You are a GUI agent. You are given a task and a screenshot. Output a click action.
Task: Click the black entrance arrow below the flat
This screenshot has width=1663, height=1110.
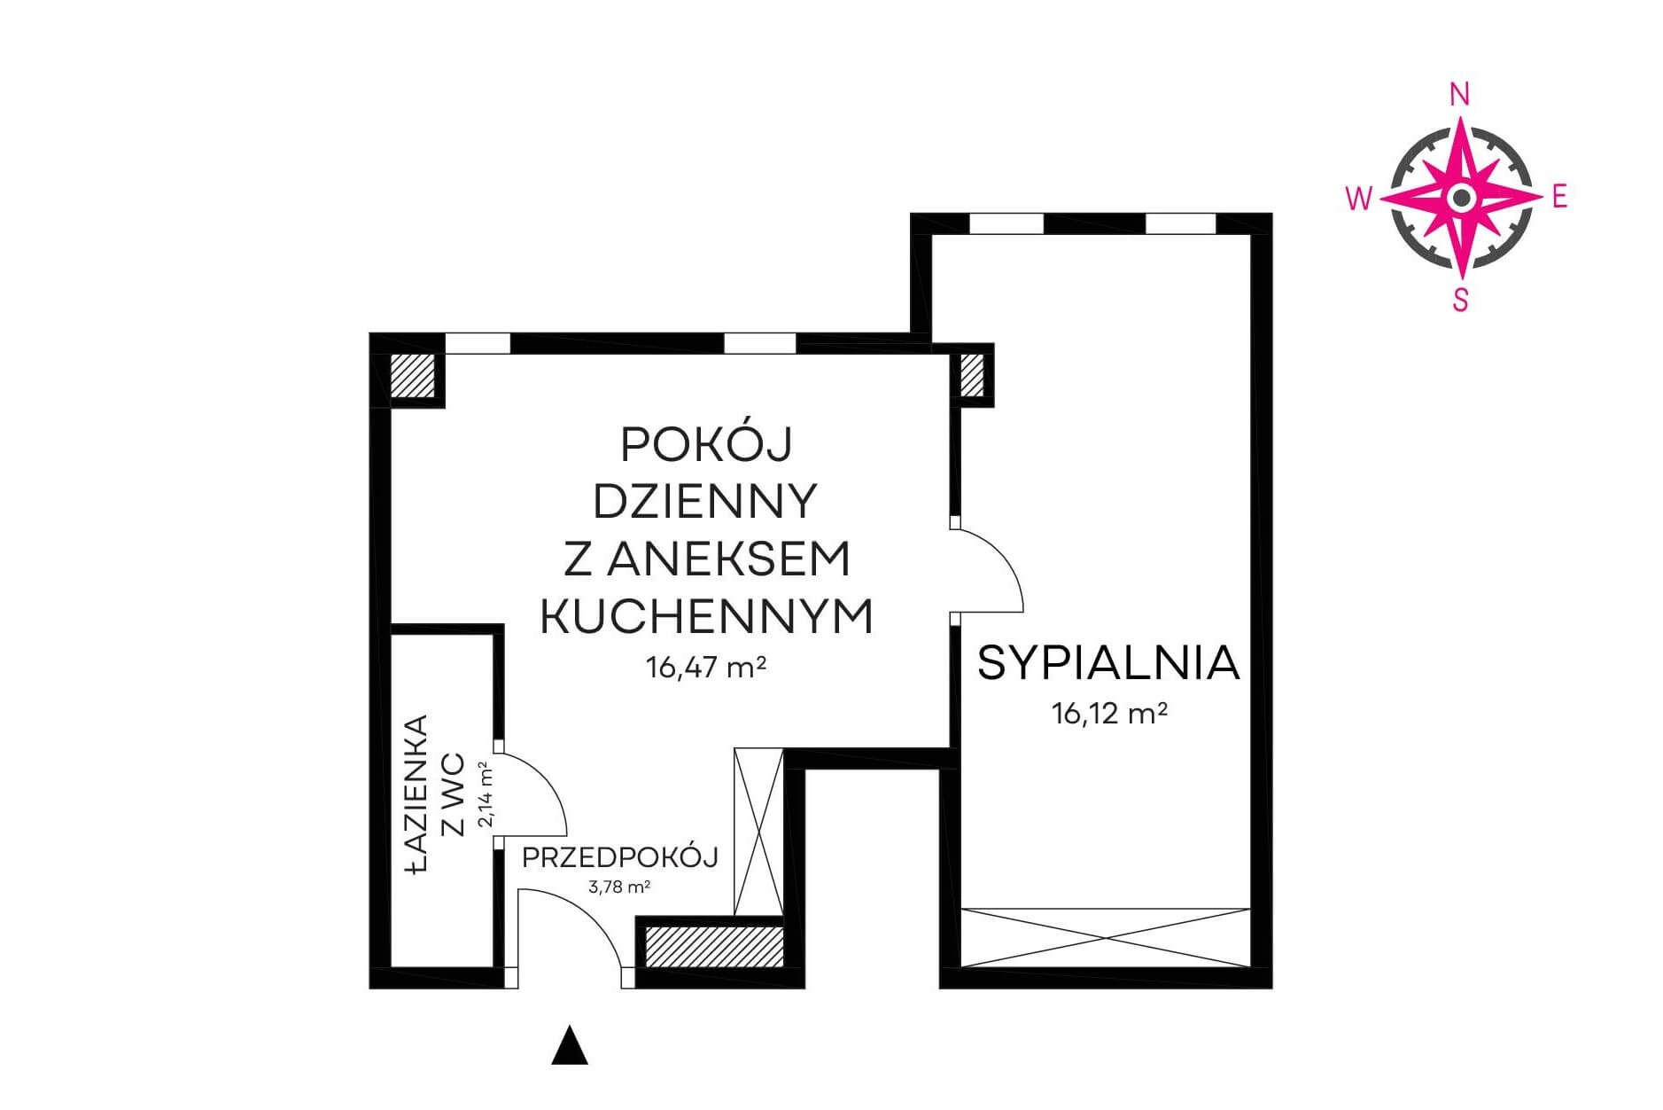point(570,1045)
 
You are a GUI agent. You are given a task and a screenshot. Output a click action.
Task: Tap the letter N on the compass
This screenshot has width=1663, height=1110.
point(1459,94)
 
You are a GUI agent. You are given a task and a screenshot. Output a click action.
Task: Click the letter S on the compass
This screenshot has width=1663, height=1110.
point(1460,301)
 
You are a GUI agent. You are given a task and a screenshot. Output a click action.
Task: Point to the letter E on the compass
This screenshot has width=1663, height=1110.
point(1559,197)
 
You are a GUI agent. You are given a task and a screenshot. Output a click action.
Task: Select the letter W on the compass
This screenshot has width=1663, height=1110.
point(1359,198)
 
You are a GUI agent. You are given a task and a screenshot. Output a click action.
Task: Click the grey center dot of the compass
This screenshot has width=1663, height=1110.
point(1461,197)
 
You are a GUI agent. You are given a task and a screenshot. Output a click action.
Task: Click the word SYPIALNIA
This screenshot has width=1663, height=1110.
point(1107,662)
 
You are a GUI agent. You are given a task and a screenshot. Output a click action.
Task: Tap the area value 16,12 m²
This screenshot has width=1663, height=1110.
point(1108,713)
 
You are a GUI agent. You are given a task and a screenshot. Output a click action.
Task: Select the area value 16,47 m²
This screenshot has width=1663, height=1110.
point(706,667)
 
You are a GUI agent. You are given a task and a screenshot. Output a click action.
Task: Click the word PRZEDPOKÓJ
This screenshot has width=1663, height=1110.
point(619,857)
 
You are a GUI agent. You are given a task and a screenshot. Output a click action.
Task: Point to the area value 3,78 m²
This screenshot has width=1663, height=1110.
point(619,886)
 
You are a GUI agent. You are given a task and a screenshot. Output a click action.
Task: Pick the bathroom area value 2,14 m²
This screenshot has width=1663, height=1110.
point(486,794)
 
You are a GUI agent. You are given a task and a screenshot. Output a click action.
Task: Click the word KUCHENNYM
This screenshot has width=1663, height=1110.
point(706,615)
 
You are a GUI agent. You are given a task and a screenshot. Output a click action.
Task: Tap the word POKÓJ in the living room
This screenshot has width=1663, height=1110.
point(705,445)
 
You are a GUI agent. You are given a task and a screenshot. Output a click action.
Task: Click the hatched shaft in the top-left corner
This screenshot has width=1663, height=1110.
point(412,376)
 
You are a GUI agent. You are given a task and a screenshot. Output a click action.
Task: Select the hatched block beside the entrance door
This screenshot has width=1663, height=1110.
point(714,947)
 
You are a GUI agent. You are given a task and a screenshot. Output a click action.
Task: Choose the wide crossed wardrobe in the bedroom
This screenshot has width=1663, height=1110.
point(1106,937)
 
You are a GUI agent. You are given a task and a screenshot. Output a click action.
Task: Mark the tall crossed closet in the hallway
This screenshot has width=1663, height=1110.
point(759,832)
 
